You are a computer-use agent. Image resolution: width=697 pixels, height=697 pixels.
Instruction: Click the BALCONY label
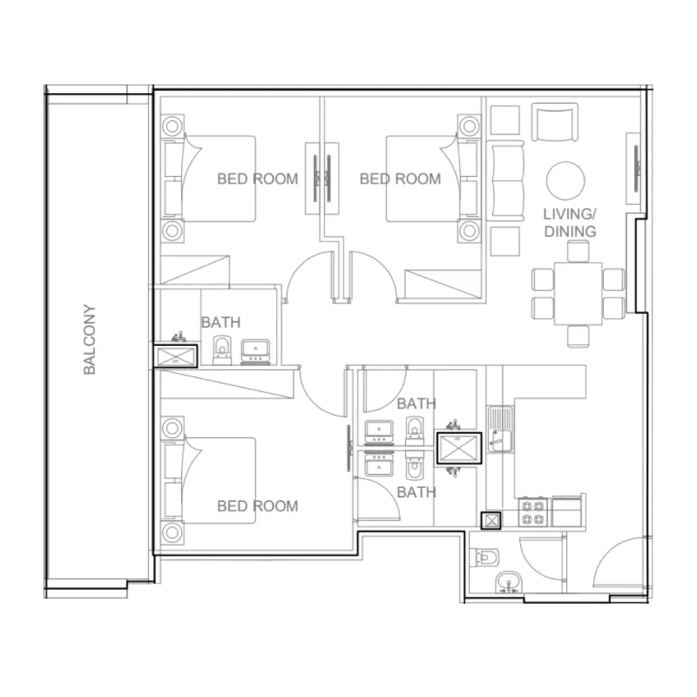tap(89, 340)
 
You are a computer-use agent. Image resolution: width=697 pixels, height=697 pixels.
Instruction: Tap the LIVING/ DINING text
tap(570, 222)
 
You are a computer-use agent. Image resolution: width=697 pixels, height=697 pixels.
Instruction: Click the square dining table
tap(578, 293)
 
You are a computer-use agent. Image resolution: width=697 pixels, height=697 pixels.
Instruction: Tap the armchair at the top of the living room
tap(556, 124)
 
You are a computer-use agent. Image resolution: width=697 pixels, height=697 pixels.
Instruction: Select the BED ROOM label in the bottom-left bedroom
tap(257, 506)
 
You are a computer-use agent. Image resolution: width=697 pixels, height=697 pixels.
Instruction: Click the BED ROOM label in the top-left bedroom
tap(257, 179)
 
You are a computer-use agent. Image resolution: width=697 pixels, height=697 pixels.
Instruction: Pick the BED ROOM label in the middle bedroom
tap(400, 179)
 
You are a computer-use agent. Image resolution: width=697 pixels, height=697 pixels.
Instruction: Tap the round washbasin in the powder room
tap(508, 582)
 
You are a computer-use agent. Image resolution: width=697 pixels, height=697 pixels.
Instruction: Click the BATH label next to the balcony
tap(221, 322)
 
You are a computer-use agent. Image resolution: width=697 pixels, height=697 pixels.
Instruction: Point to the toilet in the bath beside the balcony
tap(222, 351)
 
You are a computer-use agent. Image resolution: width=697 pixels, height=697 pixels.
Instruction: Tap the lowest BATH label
tap(416, 492)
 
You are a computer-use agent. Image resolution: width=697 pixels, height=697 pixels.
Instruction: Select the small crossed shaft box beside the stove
tap(491, 520)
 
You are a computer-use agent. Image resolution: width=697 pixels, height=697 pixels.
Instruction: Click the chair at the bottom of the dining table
tap(578, 336)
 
